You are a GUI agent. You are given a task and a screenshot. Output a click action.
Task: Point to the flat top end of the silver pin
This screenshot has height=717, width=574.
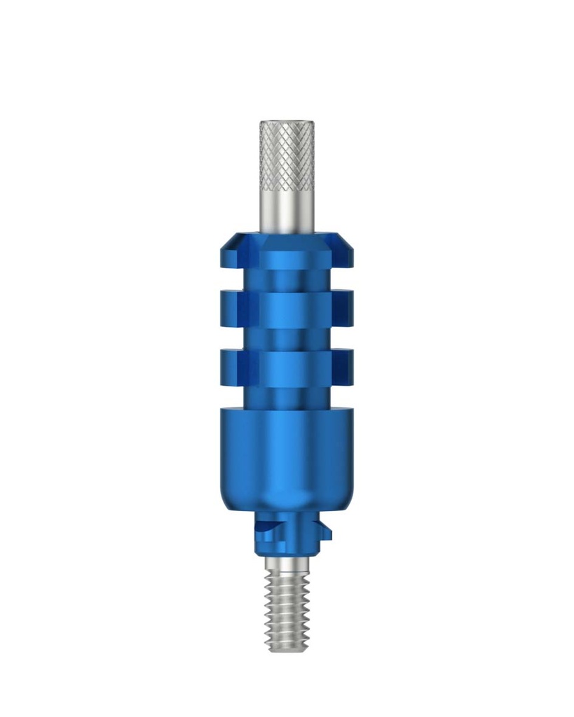(x=287, y=123)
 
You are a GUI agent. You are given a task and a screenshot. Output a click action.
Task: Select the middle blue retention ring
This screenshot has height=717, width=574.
(x=287, y=309)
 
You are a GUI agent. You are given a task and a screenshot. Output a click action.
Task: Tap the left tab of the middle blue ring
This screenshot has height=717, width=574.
(x=231, y=309)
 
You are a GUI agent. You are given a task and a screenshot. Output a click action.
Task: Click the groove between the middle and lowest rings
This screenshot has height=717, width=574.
(x=287, y=338)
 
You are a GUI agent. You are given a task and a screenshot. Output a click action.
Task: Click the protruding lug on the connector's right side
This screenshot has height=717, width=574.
(x=324, y=531)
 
